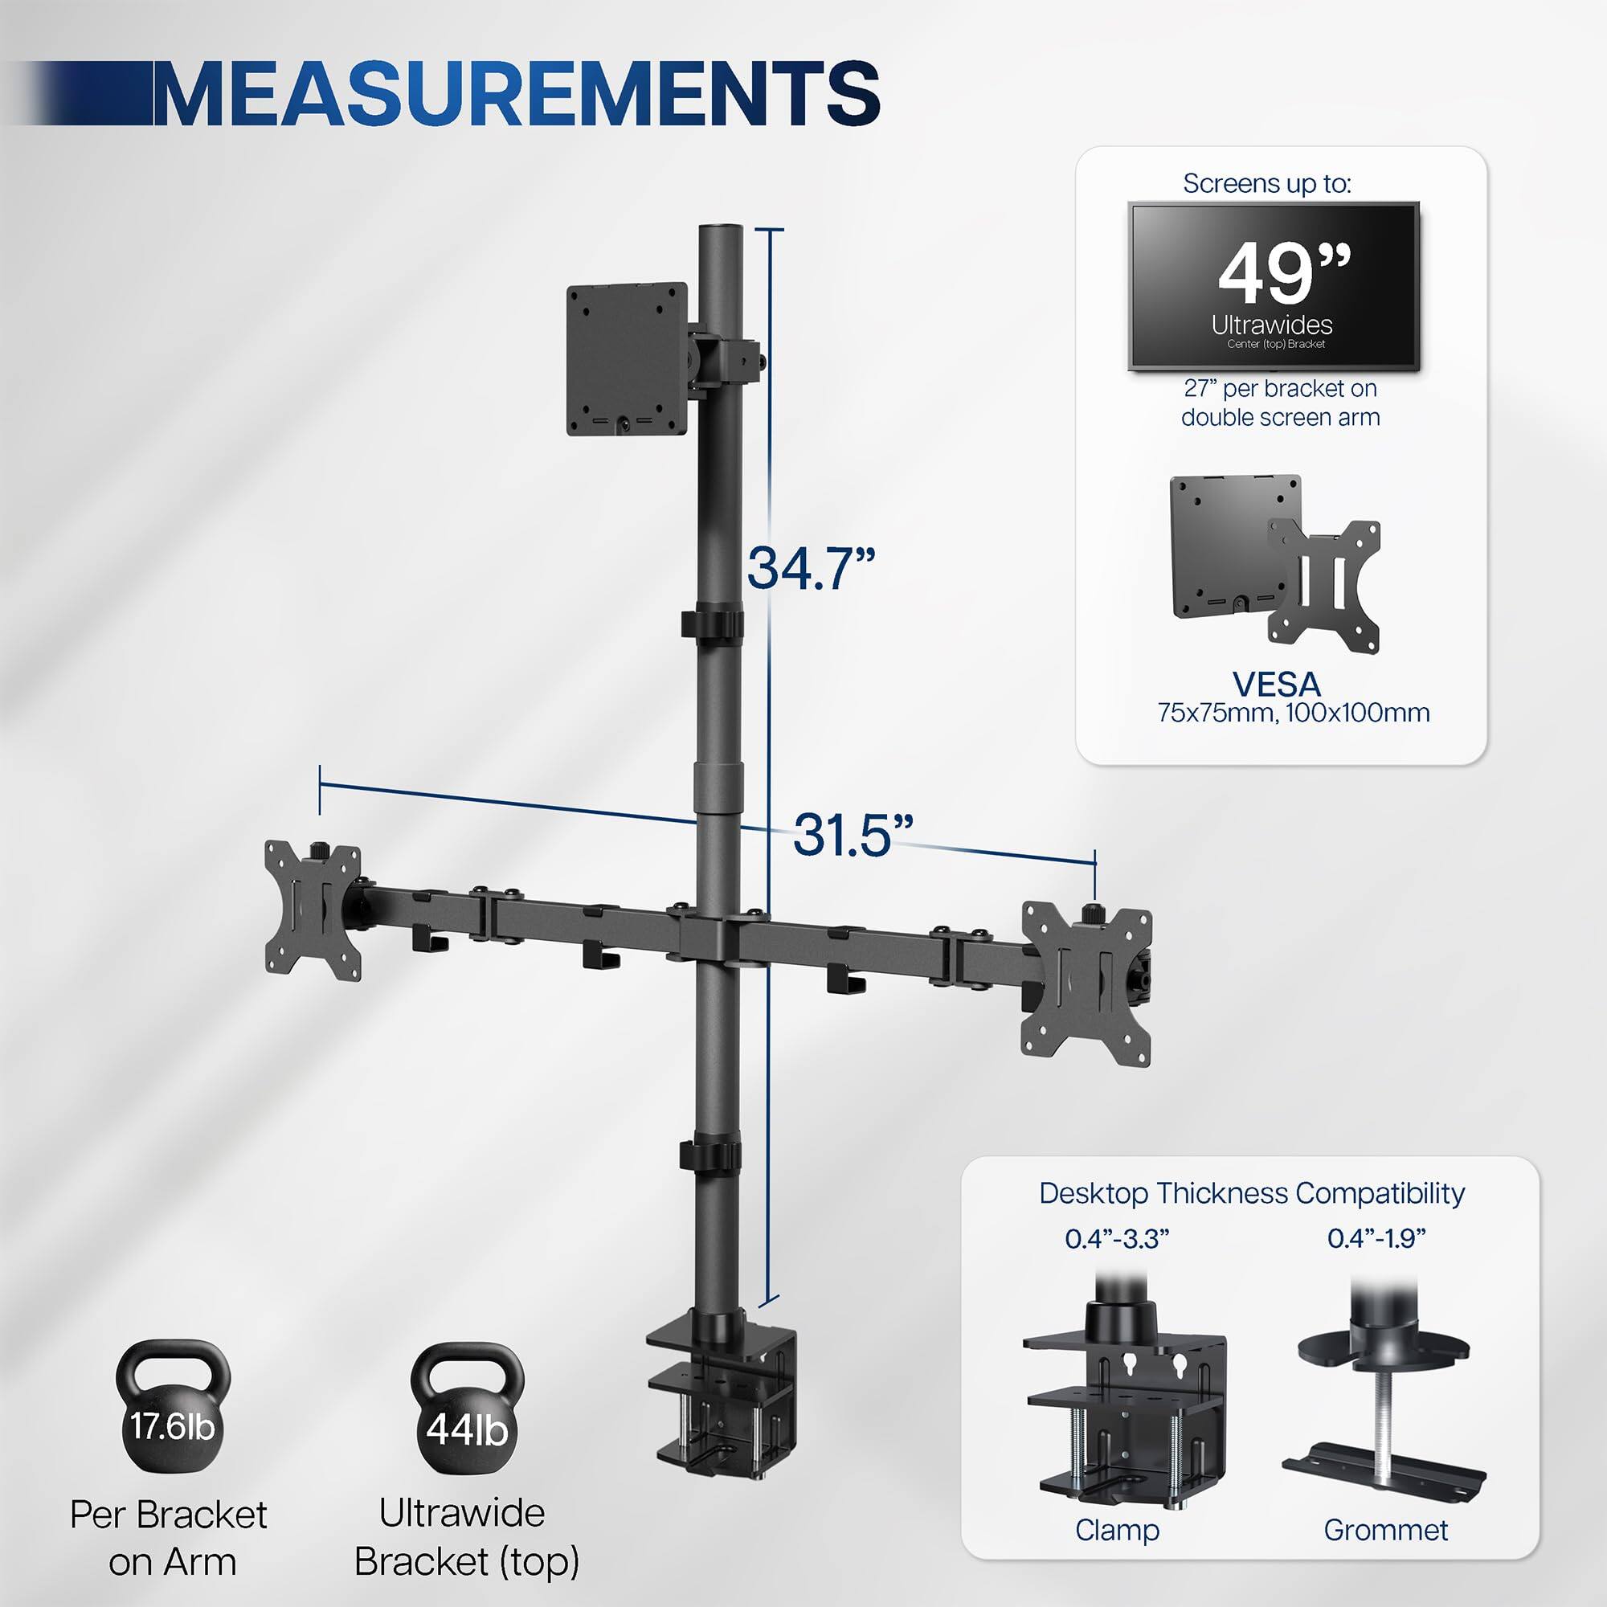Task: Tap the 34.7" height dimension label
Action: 811,569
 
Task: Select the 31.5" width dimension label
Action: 853,834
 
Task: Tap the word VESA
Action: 1277,685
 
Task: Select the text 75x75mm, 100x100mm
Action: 1294,713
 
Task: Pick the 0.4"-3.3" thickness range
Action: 1117,1239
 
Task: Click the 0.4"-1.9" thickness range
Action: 1376,1238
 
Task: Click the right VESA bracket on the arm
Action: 1086,983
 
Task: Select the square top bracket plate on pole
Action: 628,358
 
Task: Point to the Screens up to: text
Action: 1267,184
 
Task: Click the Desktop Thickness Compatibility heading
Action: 1251,1192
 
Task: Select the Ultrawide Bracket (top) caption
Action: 466,1535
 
